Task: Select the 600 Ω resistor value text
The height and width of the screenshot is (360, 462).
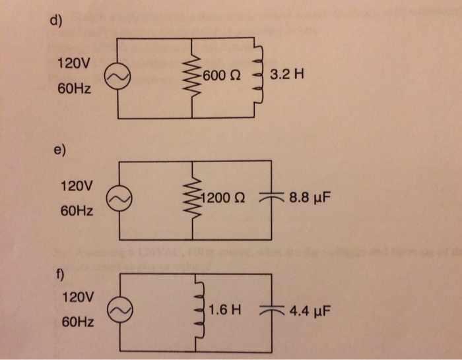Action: click(222, 77)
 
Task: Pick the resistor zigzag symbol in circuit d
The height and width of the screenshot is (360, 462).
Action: click(193, 77)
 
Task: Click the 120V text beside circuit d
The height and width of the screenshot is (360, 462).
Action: click(72, 64)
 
